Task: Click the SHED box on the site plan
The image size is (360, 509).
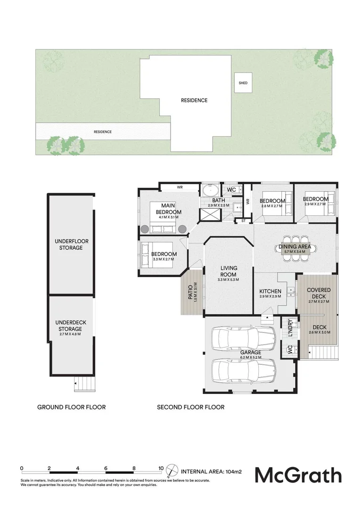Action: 243,83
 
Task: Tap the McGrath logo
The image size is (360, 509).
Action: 298,475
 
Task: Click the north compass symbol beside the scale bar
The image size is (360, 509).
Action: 174,470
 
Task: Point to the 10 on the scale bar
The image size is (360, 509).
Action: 161,468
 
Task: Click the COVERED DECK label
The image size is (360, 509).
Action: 319,293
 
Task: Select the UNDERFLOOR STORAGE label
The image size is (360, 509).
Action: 71,244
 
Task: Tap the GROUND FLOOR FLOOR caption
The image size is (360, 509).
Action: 71,407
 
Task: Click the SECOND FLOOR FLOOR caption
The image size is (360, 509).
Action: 190,407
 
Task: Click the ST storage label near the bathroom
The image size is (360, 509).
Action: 244,220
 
